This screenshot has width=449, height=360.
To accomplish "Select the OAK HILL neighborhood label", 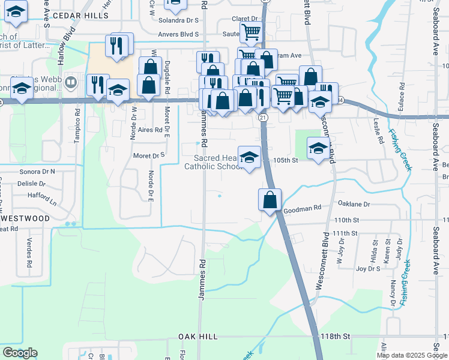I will (x=197, y=337).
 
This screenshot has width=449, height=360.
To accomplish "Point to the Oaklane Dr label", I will (x=354, y=204).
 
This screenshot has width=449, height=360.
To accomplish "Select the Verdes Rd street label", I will (x=29, y=254).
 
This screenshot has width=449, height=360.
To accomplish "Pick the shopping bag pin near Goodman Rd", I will (x=270, y=199).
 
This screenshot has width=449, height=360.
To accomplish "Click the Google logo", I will (x=20, y=353).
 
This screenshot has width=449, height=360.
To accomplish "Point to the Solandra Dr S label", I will (x=178, y=19).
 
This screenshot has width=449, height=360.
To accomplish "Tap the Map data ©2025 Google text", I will (x=412, y=355).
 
